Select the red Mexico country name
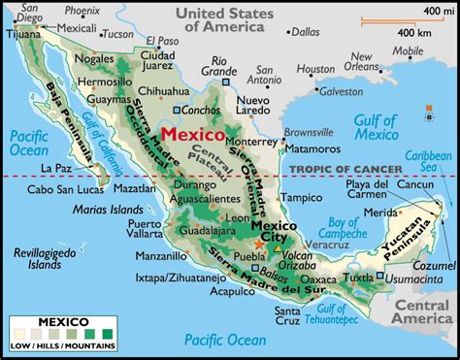pos(193,133)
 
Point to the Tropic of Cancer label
pos(336,169)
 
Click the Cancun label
pos(414,183)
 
